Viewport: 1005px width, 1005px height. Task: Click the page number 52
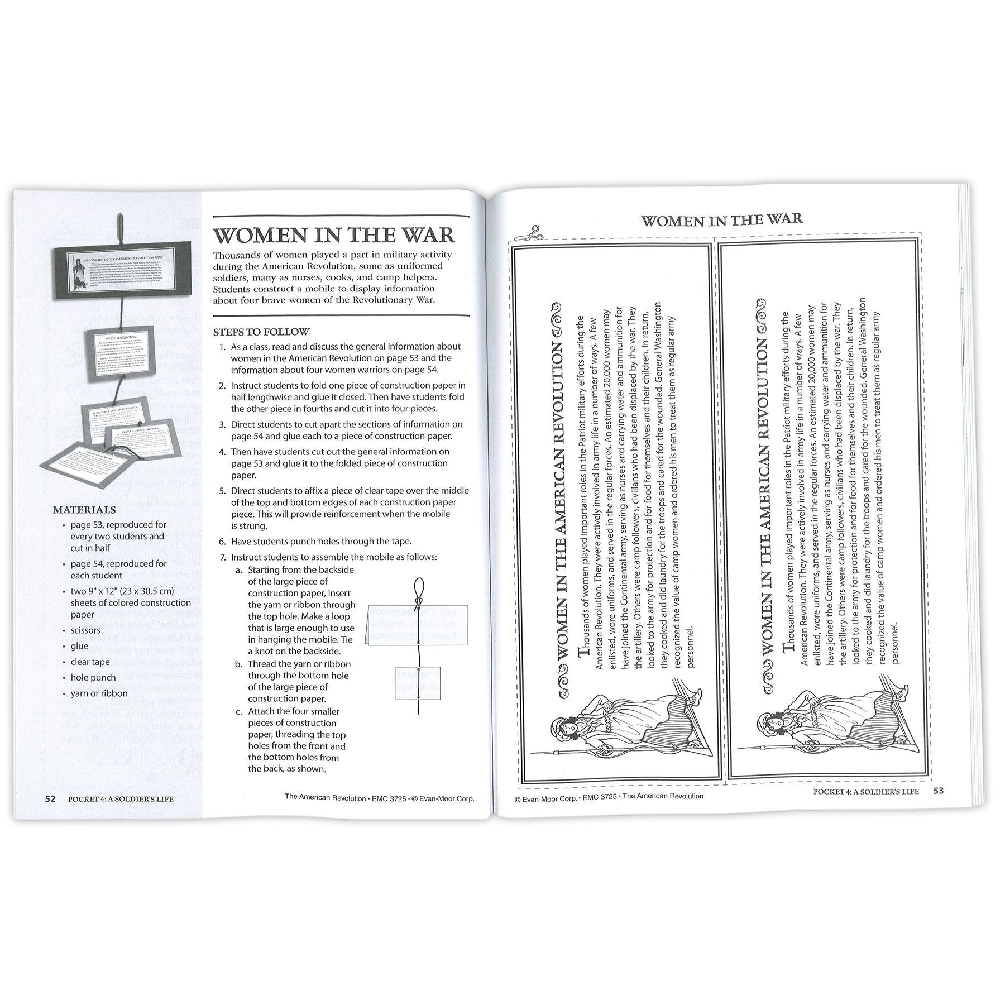(x=50, y=798)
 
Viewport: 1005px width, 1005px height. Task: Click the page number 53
(x=938, y=791)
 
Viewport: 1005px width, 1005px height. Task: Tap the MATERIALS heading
(x=84, y=510)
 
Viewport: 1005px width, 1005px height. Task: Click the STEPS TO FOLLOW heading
(x=261, y=332)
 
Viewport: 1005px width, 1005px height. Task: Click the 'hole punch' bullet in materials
(x=93, y=678)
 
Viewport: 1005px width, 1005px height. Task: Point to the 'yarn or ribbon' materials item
(x=99, y=693)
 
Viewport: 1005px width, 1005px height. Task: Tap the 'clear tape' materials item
(x=90, y=662)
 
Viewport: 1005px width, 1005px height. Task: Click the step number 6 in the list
(x=222, y=542)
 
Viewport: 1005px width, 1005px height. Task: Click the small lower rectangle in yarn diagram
(x=418, y=683)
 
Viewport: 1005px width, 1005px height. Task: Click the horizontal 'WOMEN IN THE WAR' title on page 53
(x=721, y=220)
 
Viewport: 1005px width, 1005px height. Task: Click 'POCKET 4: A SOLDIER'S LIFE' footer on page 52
(x=121, y=799)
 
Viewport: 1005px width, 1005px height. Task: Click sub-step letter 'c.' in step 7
(x=238, y=711)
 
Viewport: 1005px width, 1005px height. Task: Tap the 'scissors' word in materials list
(x=85, y=630)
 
